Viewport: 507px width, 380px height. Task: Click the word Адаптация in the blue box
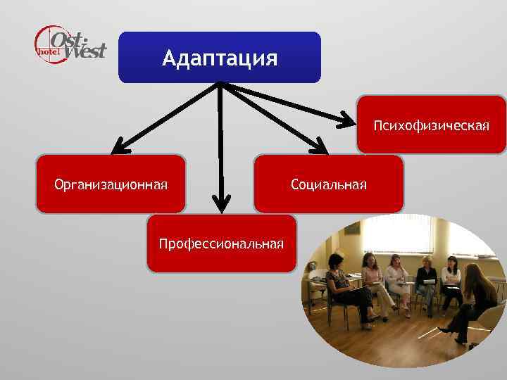point(219,58)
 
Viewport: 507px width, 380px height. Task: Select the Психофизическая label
point(431,125)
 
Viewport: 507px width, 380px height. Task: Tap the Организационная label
point(111,185)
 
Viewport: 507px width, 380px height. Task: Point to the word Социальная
point(329,185)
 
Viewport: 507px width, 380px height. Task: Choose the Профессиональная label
point(221,244)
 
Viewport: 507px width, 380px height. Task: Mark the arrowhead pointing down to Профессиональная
point(221,204)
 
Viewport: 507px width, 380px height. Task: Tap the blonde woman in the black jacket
point(425,279)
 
